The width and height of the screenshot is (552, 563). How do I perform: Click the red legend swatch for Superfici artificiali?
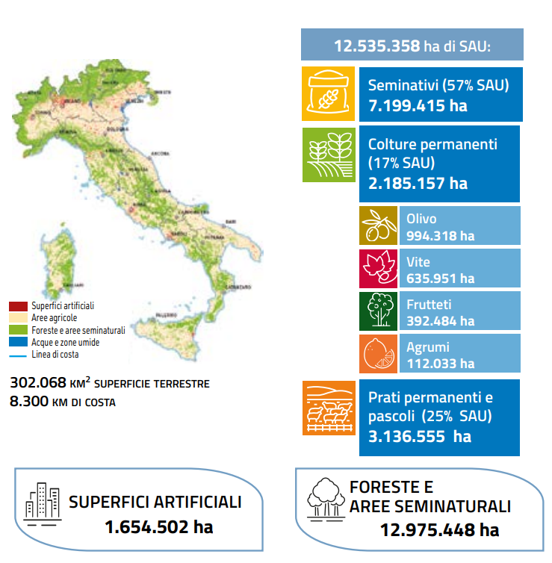click(19, 306)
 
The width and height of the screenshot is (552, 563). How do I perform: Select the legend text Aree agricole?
click(54, 318)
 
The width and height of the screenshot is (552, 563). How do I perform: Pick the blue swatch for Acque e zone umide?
click(19, 342)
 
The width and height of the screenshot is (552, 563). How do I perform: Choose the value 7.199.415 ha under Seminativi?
click(418, 105)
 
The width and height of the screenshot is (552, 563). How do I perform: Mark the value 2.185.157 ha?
click(418, 183)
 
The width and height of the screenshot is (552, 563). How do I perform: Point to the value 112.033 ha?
click(440, 364)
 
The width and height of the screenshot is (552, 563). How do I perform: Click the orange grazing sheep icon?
click(329, 408)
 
